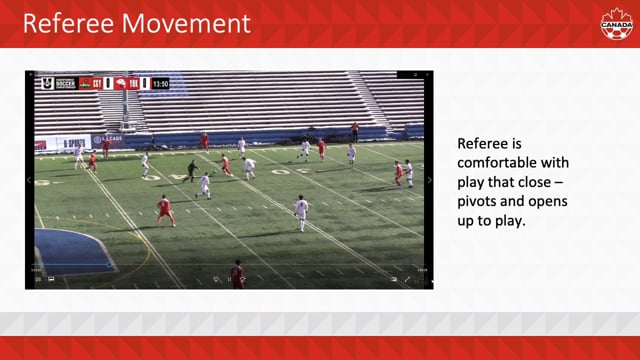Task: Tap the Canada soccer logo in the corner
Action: pyautogui.click(x=616, y=23)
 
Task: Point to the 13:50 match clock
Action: pyautogui.click(x=161, y=83)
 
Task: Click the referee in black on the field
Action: pyautogui.click(x=192, y=169)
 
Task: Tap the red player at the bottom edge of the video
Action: pyautogui.click(x=237, y=274)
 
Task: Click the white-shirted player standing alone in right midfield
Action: pyautogui.click(x=301, y=211)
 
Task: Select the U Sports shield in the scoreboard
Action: pyautogui.click(x=45, y=83)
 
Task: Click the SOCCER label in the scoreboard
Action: pyautogui.click(x=65, y=83)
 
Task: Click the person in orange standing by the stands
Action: pyautogui.click(x=354, y=131)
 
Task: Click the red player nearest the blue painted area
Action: pyautogui.click(x=164, y=209)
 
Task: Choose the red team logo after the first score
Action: pyautogui.click(x=120, y=83)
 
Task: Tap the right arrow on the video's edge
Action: pyautogui.click(x=429, y=180)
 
